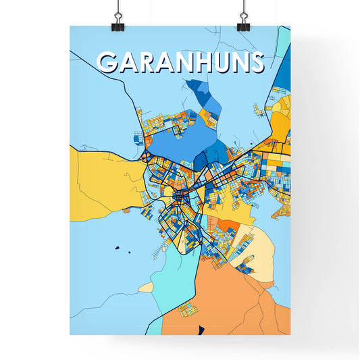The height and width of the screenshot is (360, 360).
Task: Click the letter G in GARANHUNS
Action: [109, 62]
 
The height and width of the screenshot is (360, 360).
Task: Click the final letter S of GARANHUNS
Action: [256, 62]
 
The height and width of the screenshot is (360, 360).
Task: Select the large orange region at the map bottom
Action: [236, 297]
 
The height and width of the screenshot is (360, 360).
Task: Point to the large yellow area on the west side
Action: [101, 179]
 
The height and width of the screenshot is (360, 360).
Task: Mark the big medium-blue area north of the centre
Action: [172, 138]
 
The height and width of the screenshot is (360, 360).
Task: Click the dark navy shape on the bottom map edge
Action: [200, 330]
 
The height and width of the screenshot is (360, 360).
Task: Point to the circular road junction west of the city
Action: [145, 157]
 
